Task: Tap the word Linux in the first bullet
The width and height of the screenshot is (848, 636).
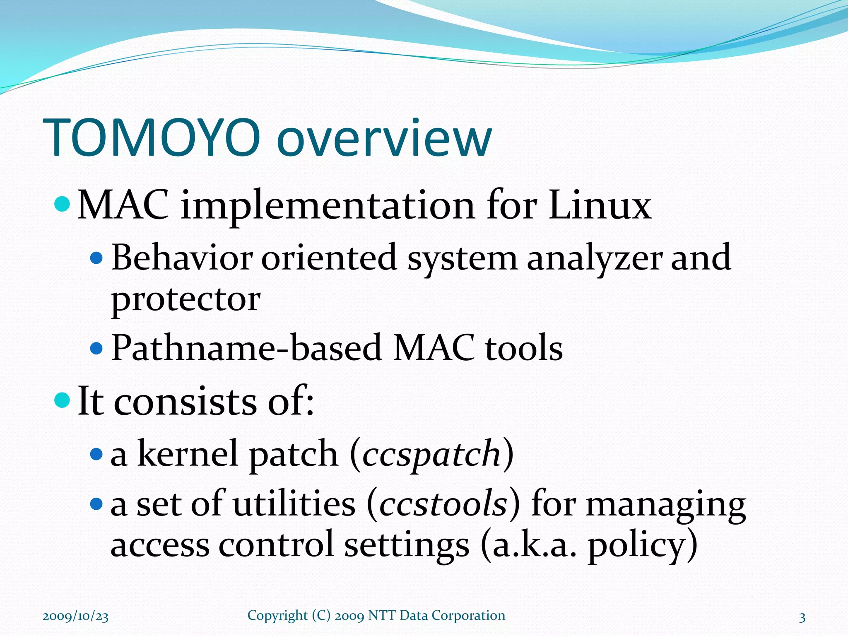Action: pos(600,205)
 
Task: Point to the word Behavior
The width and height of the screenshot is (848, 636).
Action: pos(182,258)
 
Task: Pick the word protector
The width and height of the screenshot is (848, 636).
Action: pos(186,299)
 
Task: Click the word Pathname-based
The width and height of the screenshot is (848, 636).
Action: pos(247,348)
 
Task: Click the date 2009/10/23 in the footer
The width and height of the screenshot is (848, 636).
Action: pos(76,617)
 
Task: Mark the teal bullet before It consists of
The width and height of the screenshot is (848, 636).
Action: pos(62,400)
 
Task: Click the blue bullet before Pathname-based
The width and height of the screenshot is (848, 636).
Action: pos(96,348)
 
